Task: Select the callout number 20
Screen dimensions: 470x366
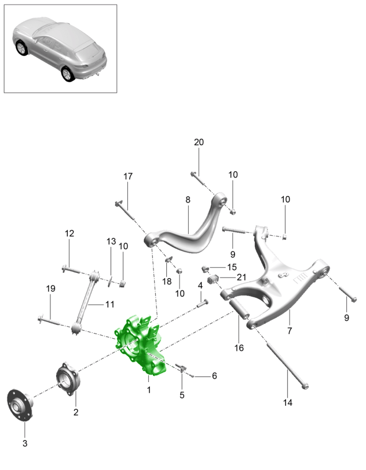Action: tap(199, 142)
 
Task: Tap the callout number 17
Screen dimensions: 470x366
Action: tap(128, 176)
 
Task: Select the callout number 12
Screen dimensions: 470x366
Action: tap(69, 234)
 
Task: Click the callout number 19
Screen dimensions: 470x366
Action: tap(50, 288)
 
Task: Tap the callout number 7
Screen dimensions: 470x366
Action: tap(289, 331)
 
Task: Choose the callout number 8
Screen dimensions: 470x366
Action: tap(188, 200)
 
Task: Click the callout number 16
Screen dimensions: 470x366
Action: tap(239, 348)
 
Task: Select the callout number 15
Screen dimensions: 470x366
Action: tap(232, 267)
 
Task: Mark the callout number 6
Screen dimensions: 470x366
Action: tap(214, 376)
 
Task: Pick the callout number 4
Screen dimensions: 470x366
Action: tap(200, 285)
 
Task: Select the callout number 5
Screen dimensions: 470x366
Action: tap(182, 395)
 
